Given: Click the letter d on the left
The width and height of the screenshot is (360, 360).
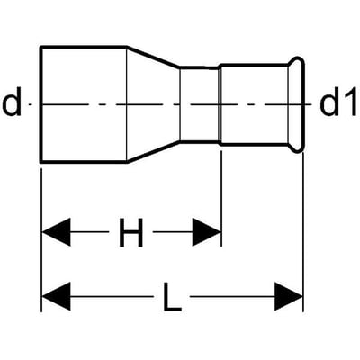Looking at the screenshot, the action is (12, 102).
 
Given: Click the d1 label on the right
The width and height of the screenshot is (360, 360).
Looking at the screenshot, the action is (338, 102).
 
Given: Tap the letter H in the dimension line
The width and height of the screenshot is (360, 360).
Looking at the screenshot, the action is (131, 232).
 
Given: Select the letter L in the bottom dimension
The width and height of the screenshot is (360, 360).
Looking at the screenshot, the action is (172, 297).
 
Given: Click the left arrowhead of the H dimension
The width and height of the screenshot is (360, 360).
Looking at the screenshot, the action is (57, 232).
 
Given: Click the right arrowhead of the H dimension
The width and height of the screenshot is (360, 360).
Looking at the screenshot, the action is (206, 232).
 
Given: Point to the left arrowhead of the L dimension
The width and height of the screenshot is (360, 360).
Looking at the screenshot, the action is (57, 296).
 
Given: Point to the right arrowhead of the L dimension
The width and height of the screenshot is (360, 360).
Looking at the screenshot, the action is (288, 296).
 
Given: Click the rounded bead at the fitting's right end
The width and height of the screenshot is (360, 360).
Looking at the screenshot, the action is (303, 104).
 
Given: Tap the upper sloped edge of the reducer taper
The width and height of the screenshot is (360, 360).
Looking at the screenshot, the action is (153, 57).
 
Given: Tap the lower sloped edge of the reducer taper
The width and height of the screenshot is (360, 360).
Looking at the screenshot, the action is (153, 152).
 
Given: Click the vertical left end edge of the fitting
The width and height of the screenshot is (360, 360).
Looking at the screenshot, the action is (41, 104).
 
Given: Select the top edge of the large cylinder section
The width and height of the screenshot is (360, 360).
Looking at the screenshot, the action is (84, 47).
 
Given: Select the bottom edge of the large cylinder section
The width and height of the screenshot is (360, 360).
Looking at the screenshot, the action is (84, 162).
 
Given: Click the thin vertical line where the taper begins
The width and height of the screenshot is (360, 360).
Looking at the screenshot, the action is (127, 104).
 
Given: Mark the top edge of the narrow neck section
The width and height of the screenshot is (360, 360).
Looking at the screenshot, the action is (199, 67).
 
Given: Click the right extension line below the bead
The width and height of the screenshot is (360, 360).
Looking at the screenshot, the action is (303, 232).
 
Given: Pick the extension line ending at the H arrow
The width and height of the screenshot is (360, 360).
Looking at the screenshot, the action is (221, 199).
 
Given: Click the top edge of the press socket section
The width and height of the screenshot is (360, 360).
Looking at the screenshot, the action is (255, 65).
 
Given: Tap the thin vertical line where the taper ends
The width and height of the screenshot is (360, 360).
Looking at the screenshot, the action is (180, 104).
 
